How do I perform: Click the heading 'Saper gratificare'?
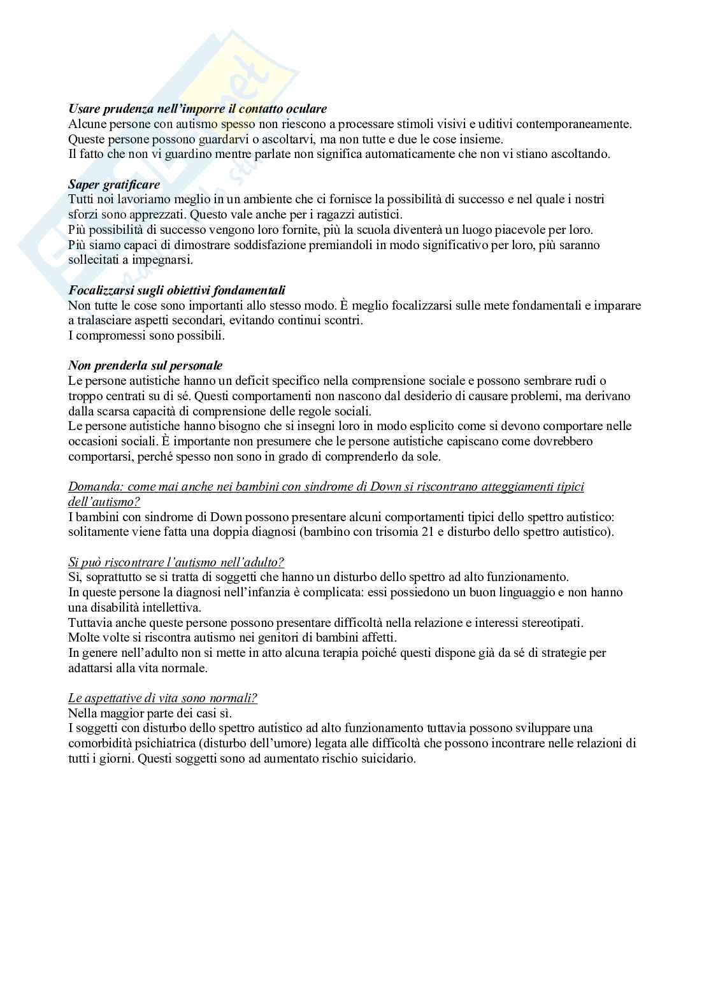[x=114, y=185]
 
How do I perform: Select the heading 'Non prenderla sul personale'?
[x=145, y=366]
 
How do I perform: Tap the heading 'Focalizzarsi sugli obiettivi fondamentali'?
[x=176, y=291]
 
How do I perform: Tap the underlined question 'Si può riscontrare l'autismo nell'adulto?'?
[x=176, y=562]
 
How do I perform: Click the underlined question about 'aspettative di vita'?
[x=162, y=698]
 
